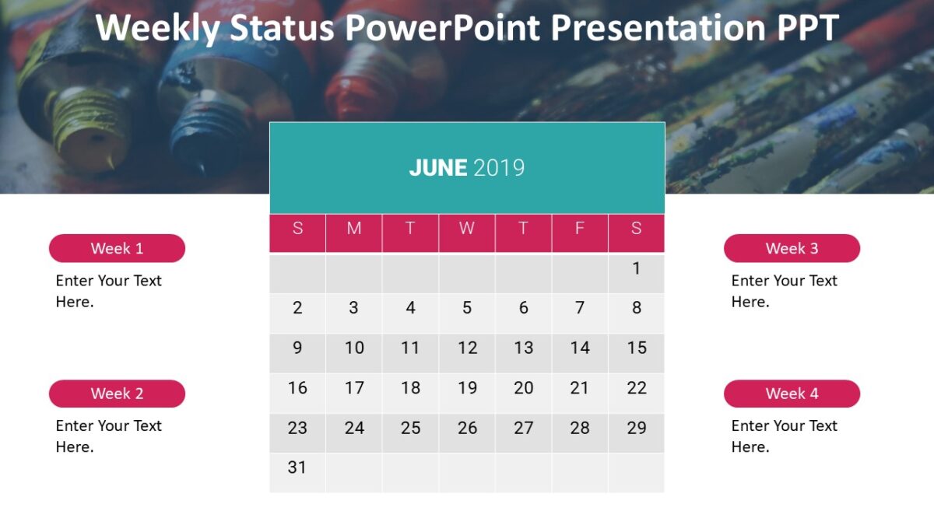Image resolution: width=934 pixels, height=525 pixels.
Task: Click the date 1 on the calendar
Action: pyautogui.click(x=636, y=268)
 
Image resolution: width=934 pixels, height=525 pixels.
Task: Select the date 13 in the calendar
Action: pyautogui.click(x=523, y=348)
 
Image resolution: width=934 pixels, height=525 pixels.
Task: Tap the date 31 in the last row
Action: pyautogui.click(x=297, y=467)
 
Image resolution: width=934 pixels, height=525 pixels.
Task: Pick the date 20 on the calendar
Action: pyautogui.click(x=523, y=387)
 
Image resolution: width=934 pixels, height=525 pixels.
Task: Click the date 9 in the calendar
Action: pyautogui.click(x=297, y=348)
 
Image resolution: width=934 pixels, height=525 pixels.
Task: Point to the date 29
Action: pyautogui.click(x=636, y=428)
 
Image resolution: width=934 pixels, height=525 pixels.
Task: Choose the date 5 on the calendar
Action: pyautogui.click(x=467, y=308)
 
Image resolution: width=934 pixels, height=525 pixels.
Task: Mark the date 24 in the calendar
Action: pyautogui.click(x=354, y=428)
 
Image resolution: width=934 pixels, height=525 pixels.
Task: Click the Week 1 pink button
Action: pyautogui.click(x=117, y=248)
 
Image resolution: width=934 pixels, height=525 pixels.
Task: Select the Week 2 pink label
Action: pyautogui.click(x=117, y=394)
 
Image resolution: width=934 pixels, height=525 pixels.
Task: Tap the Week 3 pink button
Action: pyautogui.click(x=792, y=248)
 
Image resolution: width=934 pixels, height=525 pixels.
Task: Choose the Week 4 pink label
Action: pyautogui.click(x=792, y=394)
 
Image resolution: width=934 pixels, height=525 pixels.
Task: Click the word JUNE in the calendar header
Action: pyautogui.click(x=438, y=168)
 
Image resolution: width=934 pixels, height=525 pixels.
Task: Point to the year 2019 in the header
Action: pyautogui.click(x=499, y=168)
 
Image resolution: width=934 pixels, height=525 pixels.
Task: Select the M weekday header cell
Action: pyautogui.click(x=354, y=229)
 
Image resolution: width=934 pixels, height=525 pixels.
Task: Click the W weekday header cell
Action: pyautogui.click(x=467, y=229)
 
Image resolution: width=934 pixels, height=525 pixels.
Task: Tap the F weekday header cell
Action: pyautogui.click(x=580, y=229)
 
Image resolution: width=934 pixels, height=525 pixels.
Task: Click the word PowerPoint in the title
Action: pyautogui.click(x=442, y=28)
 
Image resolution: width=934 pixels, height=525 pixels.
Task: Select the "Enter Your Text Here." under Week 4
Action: pyautogui.click(x=784, y=436)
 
